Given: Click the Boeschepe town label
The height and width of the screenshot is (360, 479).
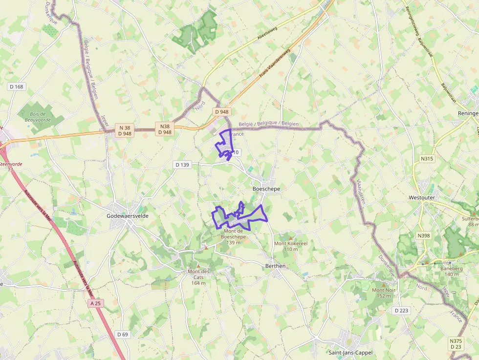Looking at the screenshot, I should (266, 189).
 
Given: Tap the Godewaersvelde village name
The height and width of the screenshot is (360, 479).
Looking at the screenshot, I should (128, 215).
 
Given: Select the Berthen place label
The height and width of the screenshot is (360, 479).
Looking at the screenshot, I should (275, 266).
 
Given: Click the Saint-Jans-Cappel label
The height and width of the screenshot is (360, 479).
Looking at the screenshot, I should (350, 353).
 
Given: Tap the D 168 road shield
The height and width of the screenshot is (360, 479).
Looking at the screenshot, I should (16, 87).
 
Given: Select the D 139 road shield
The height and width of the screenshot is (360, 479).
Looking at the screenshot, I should (182, 165).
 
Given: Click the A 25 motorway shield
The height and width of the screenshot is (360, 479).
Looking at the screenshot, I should (96, 303).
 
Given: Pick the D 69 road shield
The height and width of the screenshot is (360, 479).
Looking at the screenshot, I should (123, 334).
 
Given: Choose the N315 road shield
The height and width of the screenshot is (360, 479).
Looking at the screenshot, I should (427, 159).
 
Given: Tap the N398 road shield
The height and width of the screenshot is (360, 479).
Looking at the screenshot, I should (424, 236).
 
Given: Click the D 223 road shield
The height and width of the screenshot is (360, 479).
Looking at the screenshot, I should (402, 311).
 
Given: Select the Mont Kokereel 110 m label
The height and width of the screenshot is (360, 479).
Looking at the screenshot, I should (290, 246).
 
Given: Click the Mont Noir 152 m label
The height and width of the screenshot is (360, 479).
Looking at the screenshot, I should (384, 293).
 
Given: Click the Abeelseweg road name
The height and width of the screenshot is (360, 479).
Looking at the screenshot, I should (270, 32).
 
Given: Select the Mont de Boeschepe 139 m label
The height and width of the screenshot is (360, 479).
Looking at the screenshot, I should (234, 236).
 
